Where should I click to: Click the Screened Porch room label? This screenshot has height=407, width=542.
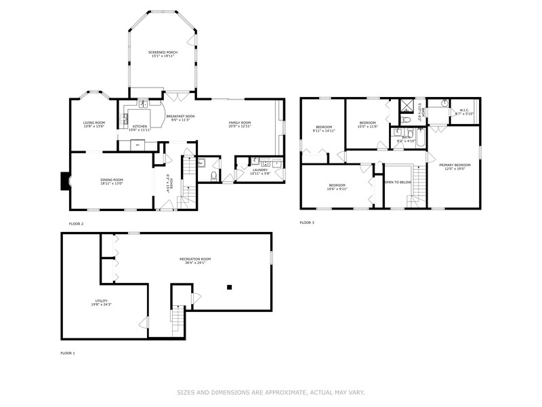161,52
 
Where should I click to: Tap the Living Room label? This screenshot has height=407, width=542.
94,122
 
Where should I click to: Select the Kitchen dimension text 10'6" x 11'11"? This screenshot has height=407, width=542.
140,130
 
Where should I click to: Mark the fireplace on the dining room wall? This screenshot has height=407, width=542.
65,182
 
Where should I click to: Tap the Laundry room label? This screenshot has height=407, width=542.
261,170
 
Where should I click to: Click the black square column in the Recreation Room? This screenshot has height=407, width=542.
230,287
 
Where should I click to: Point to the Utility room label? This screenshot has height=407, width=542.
101,301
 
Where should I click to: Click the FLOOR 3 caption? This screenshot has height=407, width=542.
308,222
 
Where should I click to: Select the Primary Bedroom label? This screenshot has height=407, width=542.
455,165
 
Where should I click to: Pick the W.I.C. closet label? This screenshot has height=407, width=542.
465,110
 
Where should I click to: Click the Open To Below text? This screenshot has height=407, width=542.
398,182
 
